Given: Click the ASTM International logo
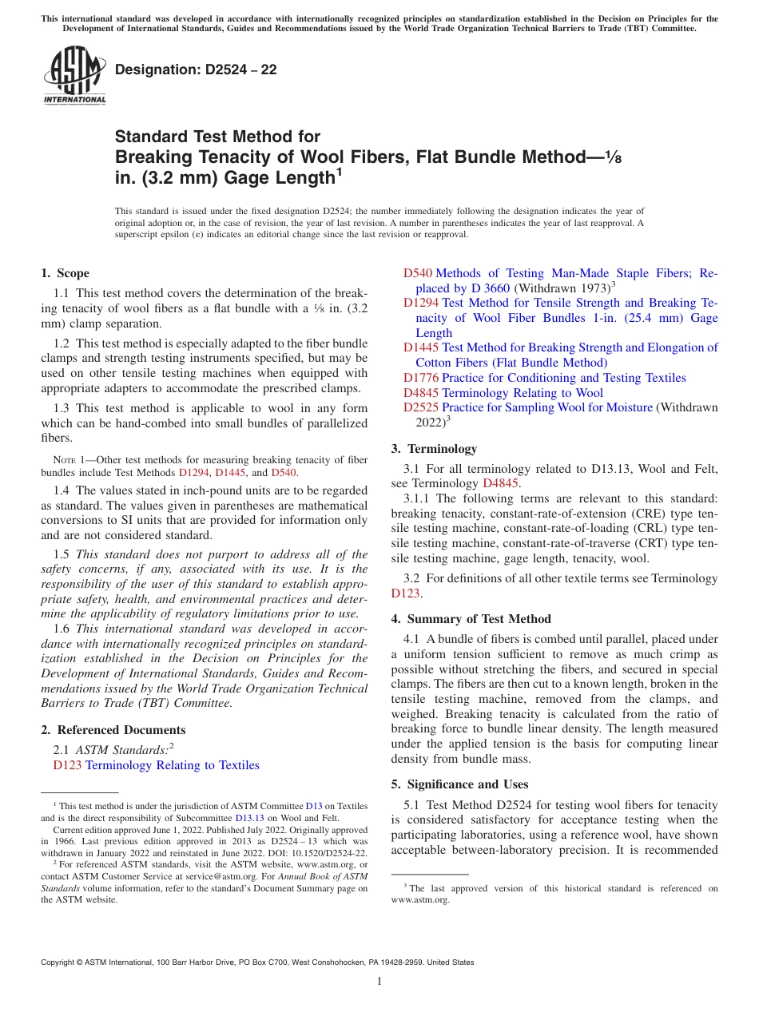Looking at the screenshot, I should [x=74, y=76].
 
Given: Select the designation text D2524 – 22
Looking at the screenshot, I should [x=196, y=69].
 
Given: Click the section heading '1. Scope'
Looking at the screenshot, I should [x=66, y=273].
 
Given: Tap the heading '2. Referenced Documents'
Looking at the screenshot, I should [x=113, y=730].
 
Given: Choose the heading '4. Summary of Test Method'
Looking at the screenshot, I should [x=471, y=619].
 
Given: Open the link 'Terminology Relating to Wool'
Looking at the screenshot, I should [x=523, y=393].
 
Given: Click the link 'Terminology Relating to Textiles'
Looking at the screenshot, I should [x=172, y=765].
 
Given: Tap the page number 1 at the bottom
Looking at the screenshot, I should [x=379, y=981].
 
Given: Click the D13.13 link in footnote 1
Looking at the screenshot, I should [x=248, y=817].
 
